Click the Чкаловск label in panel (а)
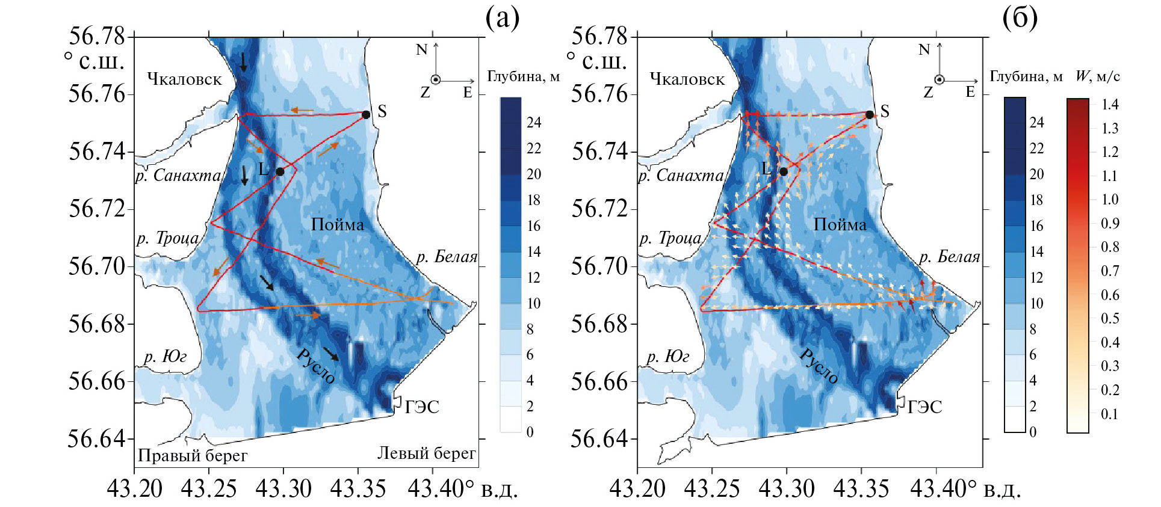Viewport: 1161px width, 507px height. (x=184, y=79)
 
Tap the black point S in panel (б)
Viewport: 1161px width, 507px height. (x=869, y=114)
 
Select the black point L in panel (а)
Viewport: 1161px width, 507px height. (x=280, y=171)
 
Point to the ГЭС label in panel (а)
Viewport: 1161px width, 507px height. (x=422, y=407)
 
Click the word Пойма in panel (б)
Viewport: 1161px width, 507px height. (x=840, y=225)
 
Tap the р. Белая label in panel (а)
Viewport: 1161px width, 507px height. (x=447, y=257)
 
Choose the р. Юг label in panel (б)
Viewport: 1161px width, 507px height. (x=667, y=357)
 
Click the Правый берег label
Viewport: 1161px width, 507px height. (x=193, y=455)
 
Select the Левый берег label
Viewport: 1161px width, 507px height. (x=426, y=453)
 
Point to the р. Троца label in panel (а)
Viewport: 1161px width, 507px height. (x=167, y=238)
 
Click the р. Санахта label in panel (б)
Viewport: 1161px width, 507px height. (x=681, y=176)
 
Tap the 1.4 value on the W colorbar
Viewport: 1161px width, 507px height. (x=1110, y=105)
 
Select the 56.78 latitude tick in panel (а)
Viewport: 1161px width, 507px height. (x=96, y=36)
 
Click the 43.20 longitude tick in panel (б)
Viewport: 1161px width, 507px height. (x=637, y=488)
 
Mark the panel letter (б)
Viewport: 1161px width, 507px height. (x=1020, y=19)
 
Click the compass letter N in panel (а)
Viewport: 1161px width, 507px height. (x=421, y=50)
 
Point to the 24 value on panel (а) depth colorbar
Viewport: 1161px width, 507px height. (x=534, y=123)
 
